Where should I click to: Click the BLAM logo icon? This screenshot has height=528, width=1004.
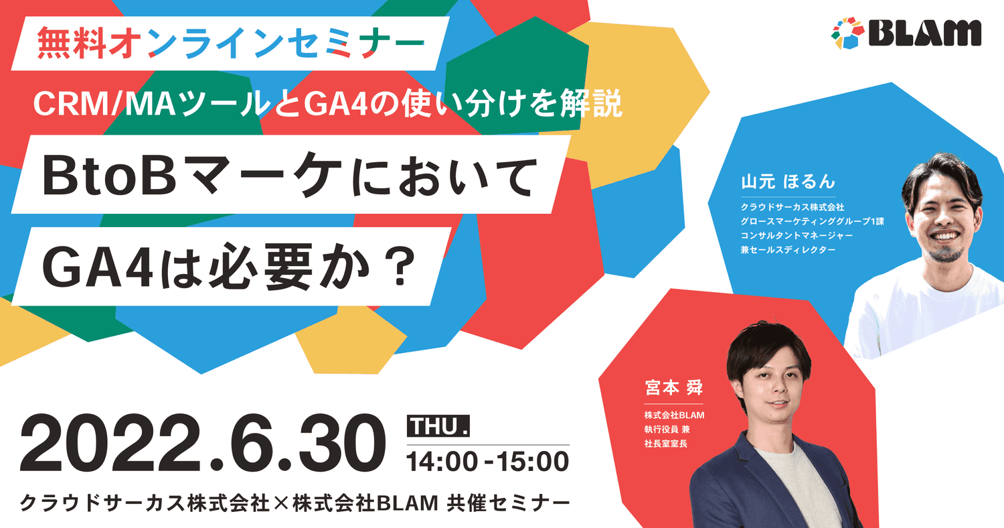pos(848,32)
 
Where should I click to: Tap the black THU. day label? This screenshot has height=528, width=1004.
pos(438,426)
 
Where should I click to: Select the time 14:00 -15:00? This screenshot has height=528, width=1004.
pos(488,462)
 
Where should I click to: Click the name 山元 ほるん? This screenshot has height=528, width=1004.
pos(788,182)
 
